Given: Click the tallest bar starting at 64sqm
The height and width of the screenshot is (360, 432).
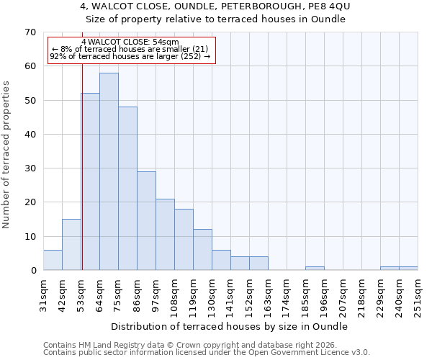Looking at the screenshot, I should (x=109, y=171).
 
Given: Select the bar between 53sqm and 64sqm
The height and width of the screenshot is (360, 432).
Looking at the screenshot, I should (x=90, y=181).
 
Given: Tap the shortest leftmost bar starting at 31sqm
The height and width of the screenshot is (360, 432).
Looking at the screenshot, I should (x=53, y=260).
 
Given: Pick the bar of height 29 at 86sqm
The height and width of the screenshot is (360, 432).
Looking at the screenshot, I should (x=146, y=220).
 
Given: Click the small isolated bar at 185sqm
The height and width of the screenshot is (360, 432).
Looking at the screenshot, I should (x=315, y=269).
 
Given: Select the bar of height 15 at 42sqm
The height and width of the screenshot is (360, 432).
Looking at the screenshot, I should (x=71, y=245).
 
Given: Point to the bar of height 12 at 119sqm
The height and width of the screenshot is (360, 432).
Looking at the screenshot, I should (x=202, y=250).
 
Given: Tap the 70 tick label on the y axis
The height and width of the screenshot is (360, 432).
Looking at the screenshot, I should (x=30, y=32).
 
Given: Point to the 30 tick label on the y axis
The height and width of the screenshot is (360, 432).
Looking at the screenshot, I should (x=30, y=168).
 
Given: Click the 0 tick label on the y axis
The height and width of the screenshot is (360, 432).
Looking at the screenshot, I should (x=32, y=271).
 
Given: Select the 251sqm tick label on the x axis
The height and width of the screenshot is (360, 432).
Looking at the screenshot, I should (x=418, y=294).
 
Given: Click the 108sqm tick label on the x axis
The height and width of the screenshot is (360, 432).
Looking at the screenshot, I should (x=174, y=294).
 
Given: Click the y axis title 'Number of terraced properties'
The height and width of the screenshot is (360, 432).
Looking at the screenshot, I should (x=7, y=155).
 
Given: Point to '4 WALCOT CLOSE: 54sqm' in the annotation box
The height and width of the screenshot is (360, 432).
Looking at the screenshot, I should (x=130, y=42).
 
